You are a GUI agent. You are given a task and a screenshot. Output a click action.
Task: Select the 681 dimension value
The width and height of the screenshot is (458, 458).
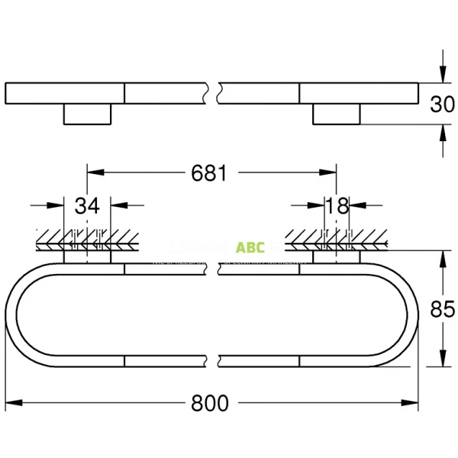[x=208, y=173]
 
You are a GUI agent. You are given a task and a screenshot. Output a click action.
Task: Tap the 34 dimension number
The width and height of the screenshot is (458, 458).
[x=88, y=205]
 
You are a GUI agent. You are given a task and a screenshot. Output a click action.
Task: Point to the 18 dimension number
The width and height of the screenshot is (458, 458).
[x=337, y=205]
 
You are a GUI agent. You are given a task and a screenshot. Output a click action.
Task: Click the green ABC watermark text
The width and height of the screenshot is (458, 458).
[x=250, y=247]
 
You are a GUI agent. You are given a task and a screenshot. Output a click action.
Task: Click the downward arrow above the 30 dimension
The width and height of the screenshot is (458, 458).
[x=441, y=73]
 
